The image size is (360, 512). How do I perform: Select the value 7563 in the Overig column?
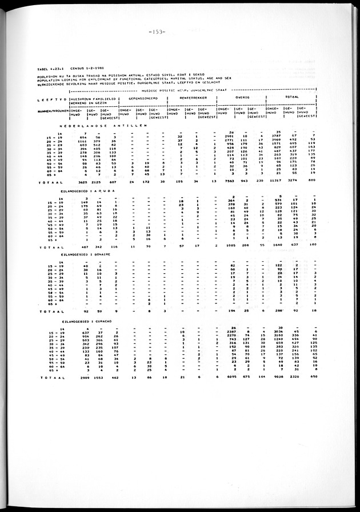(x=227, y=182)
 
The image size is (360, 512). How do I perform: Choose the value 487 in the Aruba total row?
(x=85, y=245)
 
